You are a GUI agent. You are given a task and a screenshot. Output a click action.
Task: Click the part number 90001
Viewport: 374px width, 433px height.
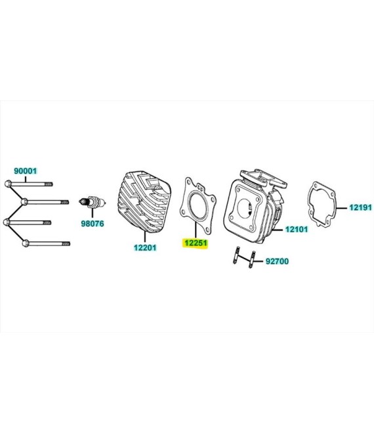(26, 170)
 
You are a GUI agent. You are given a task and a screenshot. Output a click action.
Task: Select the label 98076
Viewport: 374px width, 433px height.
(93, 223)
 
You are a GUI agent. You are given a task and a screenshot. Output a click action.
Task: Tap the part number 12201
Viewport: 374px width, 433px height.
(144, 247)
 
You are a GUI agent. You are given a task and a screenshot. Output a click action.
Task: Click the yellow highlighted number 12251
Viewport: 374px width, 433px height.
(196, 243)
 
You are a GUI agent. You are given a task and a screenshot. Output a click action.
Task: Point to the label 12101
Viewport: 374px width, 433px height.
(295, 230)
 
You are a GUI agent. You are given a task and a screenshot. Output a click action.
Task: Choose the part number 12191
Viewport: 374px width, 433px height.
(360, 207)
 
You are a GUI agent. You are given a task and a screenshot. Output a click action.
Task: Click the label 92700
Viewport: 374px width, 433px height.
(277, 261)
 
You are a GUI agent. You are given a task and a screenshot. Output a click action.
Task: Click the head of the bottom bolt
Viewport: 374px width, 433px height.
(25, 243)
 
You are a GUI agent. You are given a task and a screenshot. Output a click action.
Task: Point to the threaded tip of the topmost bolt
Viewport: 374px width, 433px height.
(50, 184)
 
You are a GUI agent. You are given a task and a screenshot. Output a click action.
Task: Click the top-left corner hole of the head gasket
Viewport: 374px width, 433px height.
(188, 180)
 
